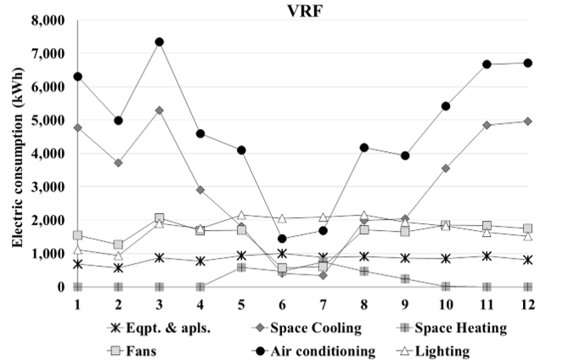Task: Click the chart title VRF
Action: [x=304, y=9]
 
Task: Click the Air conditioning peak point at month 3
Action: [x=159, y=42]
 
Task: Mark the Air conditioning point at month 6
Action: [x=282, y=239]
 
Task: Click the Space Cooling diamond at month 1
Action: [x=77, y=128]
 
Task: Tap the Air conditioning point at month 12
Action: [x=527, y=63]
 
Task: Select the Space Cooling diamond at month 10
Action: [x=446, y=169]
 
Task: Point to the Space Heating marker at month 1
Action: [x=77, y=287]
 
